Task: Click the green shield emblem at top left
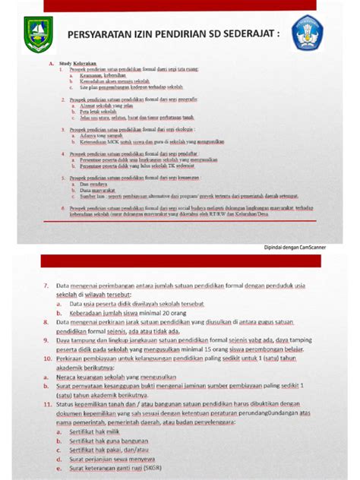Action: [38, 34]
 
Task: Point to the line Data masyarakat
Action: [95, 189]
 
